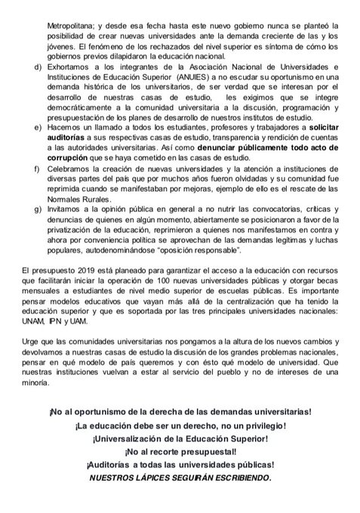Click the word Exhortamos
pyautogui.click(x=69, y=67)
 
